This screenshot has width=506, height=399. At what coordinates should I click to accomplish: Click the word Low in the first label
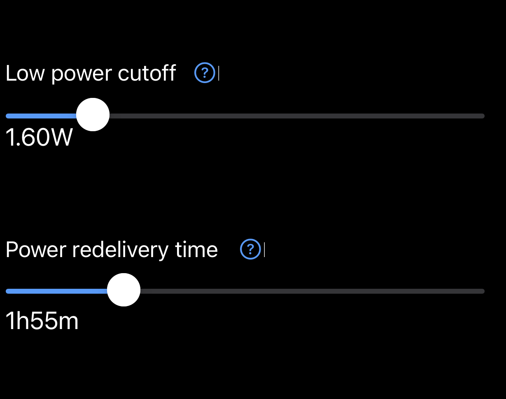point(25,74)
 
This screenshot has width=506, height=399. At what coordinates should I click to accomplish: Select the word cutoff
point(147,74)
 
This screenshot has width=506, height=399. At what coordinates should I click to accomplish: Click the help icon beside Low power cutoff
point(205,74)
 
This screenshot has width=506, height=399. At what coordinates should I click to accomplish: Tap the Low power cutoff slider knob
point(93,115)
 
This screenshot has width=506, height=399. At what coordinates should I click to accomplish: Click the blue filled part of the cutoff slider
point(41,116)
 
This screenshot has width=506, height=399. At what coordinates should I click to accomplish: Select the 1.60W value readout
point(39,138)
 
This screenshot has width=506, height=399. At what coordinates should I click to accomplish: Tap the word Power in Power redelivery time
point(36,250)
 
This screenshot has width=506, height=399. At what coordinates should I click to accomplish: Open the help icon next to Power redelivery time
point(250,249)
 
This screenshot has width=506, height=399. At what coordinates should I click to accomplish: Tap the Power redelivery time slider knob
point(124,290)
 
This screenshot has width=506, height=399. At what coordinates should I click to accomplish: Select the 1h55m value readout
point(42,321)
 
